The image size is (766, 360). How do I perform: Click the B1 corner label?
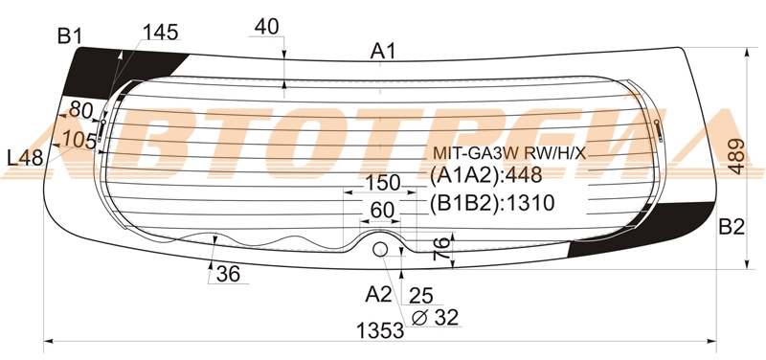69,36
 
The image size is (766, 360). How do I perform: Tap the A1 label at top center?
382,51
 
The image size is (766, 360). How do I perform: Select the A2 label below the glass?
378,294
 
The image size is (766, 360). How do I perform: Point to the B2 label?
732,227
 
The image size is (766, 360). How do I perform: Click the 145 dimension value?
160,32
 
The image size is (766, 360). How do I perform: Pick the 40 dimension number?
267,27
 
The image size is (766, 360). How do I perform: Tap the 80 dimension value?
80,110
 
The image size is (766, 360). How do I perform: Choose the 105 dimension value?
79,141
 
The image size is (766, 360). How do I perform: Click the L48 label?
26,158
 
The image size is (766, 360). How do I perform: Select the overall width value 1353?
380,331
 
